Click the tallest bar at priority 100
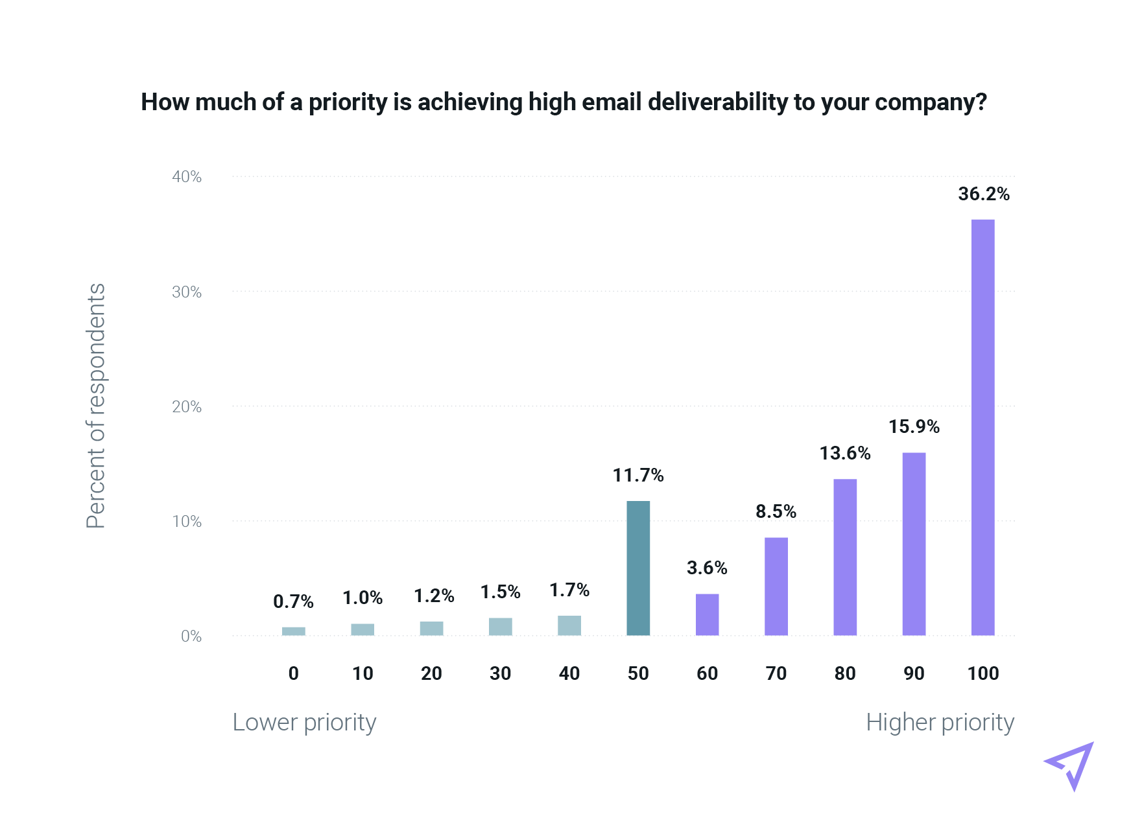tap(982, 427)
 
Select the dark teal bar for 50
tap(638, 568)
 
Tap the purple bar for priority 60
tap(707, 614)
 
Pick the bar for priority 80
tap(845, 557)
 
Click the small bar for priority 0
tap(294, 631)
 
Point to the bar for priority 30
tap(501, 627)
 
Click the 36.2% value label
tap(984, 194)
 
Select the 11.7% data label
tap(638, 476)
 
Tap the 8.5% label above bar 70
tap(776, 511)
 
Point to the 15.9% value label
tap(914, 426)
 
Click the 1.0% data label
tap(363, 598)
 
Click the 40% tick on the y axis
tap(187, 177)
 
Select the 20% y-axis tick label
tap(187, 407)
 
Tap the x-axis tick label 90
tap(914, 673)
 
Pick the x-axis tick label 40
tap(569, 673)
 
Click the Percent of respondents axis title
tap(96, 406)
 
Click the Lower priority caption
tap(304, 722)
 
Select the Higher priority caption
tap(940, 722)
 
